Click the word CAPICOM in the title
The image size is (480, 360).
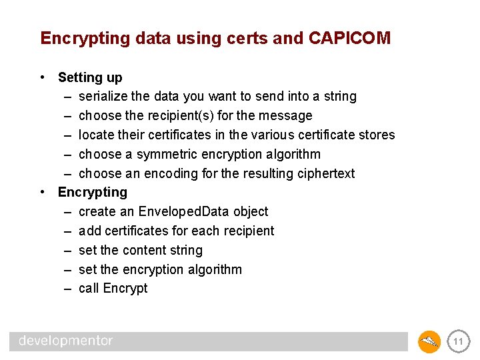tap(349, 38)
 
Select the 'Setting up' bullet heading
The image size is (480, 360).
tap(90, 77)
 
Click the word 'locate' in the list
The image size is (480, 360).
tap(96, 135)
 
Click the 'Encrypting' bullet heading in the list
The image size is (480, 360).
tap(93, 193)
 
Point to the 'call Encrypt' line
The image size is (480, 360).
tap(113, 289)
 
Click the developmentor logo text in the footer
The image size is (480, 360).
tap(66, 341)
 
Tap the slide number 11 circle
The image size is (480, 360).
tap(458, 342)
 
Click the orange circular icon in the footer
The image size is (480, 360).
tap(429, 342)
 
